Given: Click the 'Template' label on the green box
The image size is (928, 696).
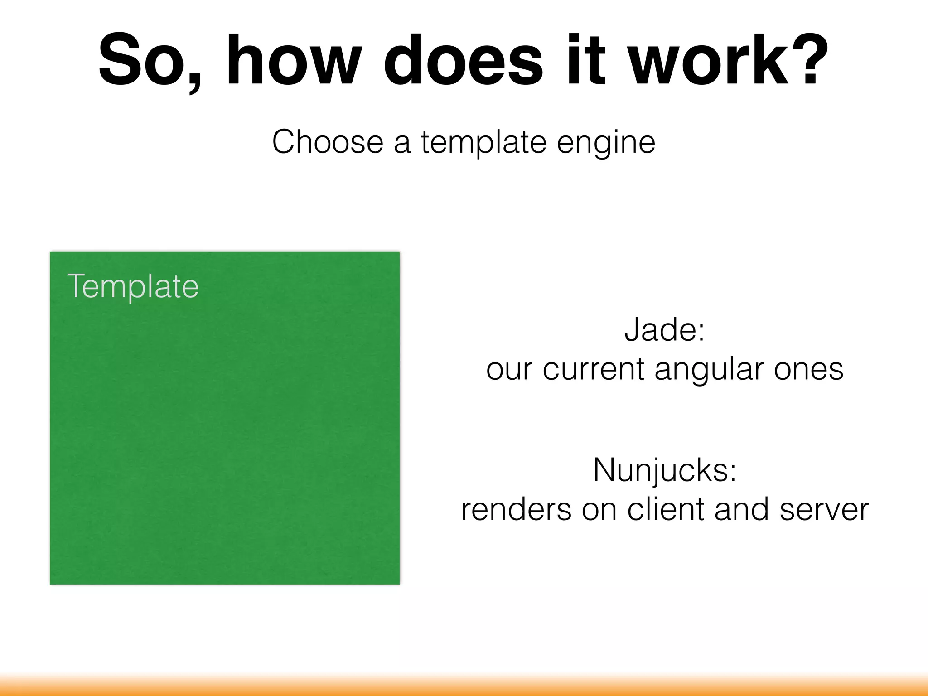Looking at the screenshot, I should coord(133,286).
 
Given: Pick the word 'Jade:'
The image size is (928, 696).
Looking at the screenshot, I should coord(665,329).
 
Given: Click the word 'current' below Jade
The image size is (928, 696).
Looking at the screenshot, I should coord(594,369).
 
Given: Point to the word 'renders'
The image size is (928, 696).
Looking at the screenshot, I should coord(517,510).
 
